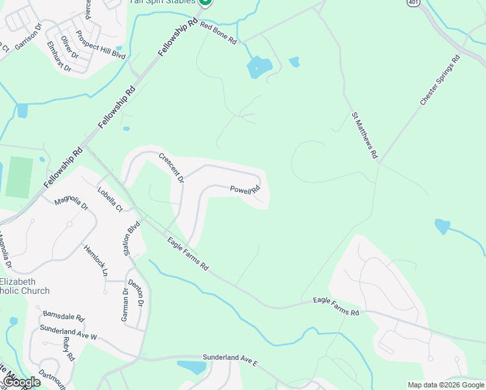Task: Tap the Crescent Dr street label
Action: [172, 167]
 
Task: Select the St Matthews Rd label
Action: [364, 135]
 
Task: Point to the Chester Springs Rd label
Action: [440, 80]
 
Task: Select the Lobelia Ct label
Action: [110, 200]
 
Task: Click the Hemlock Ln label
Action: [96, 261]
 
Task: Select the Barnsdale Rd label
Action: [64, 317]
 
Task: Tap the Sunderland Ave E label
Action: [230, 360]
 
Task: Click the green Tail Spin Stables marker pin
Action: [205, 2]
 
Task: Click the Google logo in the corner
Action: [21, 382]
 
